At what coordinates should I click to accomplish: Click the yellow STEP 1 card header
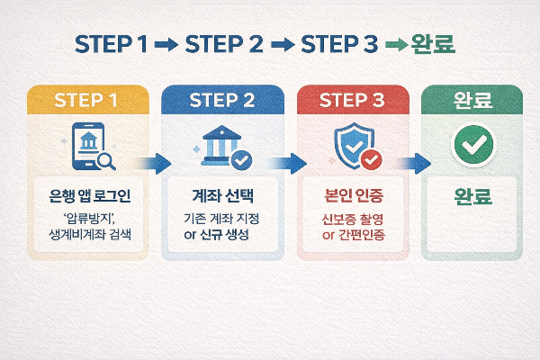tap(88, 100)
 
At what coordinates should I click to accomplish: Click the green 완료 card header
tap(472, 100)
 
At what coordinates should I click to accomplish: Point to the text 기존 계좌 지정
tap(222, 220)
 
